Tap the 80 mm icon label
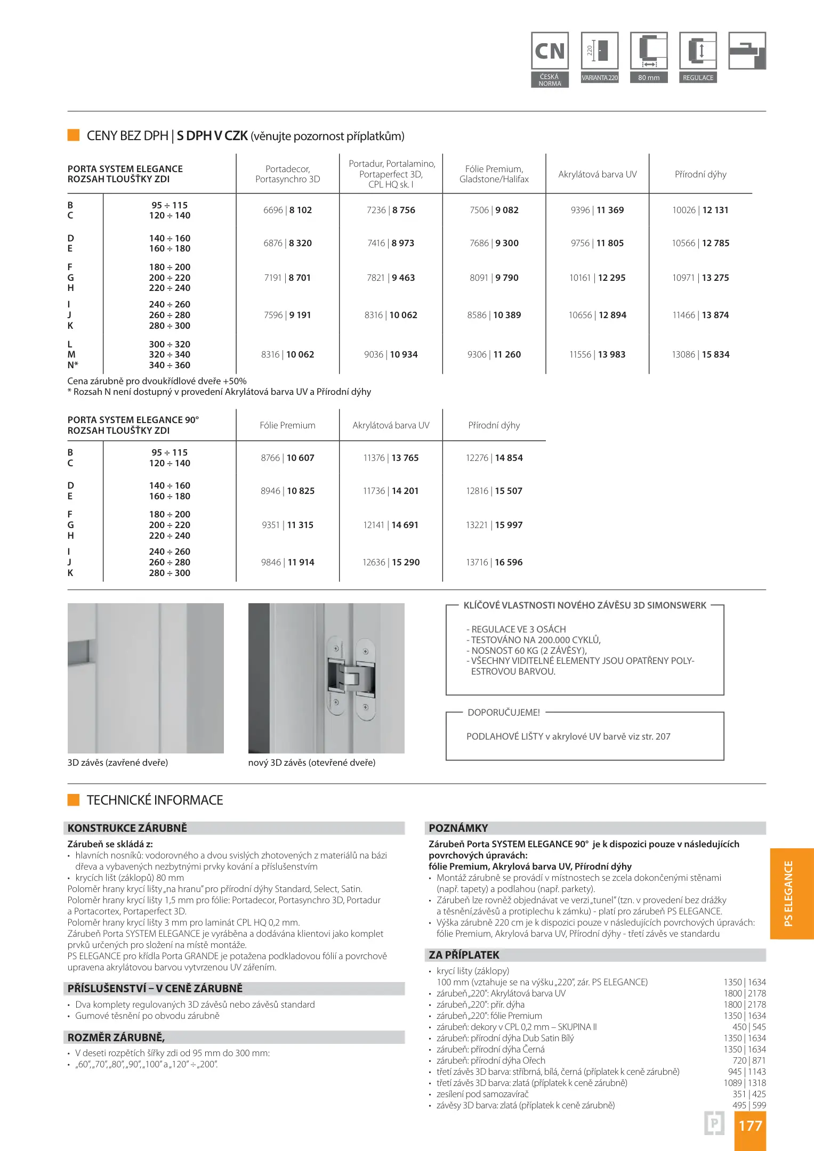point(649,78)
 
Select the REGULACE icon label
point(698,78)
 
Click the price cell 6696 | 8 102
point(287,210)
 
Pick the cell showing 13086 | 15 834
point(700,354)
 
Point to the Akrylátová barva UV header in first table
point(597,174)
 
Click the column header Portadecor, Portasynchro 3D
point(287,174)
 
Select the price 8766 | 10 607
point(287,458)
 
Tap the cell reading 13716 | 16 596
point(494,562)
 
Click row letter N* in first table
point(72,365)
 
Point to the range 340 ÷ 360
point(170,365)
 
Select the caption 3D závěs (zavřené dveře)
point(118,763)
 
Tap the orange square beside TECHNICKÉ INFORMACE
point(74,800)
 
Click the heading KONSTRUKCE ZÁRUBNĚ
point(127,828)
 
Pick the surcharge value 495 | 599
point(749,1105)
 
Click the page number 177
point(750,1125)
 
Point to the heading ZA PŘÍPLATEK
point(464,955)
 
